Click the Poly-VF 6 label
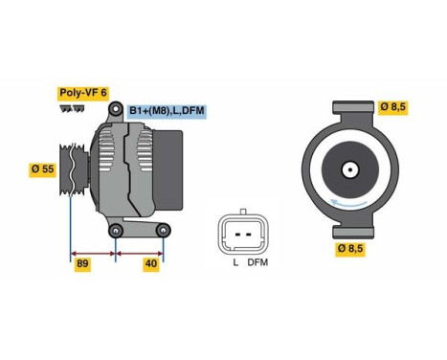pyautogui.click(x=84, y=93)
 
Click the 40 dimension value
pyautogui.click(x=150, y=263)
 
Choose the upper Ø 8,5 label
pyautogui.click(x=392, y=107)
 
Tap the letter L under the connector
pyautogui.click(x=235, y=262)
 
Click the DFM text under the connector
pyautogui.click(x=257, y=262)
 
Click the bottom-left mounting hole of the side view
pyautogui.click(x=116, y=230)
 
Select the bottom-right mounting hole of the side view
pyautogui.click(x=164, y=230)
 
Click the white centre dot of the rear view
pyautogui.click(x=350, y=173)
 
